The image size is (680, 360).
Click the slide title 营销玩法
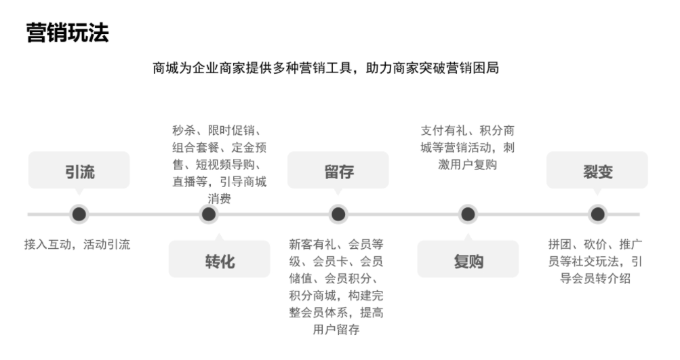67,33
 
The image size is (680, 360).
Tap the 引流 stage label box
79,170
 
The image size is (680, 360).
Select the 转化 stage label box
219,259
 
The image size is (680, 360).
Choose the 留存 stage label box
338,170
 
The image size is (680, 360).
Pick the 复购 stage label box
468,259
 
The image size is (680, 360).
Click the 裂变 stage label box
597,170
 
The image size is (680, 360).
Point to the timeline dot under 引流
79,214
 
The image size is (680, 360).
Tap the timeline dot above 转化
209,214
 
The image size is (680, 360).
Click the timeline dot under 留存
338,214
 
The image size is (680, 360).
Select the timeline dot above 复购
468,214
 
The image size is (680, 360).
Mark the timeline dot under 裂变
597,214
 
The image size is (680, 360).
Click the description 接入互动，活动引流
77,245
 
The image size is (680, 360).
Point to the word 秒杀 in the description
184,131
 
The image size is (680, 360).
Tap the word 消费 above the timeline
219,199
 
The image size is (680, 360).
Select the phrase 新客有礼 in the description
313,245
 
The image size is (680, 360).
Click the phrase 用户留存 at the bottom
336,329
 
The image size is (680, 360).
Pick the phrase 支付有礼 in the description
443,131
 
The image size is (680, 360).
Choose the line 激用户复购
468,165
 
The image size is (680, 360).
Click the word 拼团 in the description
560,245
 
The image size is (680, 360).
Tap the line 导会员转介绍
595,279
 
